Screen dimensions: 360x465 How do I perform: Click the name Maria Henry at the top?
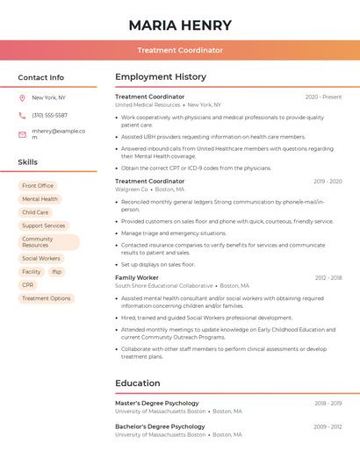(x=180, y=25)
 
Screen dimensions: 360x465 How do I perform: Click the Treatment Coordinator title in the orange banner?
(x=180, y=50)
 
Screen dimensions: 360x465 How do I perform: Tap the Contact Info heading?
(x=41, y=77)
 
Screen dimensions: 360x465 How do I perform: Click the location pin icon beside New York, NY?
(x=22, y=97)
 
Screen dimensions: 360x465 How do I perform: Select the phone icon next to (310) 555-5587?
(x=22, y=115)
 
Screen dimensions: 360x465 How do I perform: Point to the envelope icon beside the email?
(x=22, y=134)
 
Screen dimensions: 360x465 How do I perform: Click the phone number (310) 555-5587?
(x=49, y=115)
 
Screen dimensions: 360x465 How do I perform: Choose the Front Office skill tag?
(x=38, y=186)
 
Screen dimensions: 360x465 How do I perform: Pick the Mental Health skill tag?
(x=40, y=199)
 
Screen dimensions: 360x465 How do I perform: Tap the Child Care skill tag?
(x=35, y=212)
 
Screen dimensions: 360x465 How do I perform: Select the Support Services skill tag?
(x=44, y=225)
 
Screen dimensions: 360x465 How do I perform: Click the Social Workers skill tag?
(x=41, y=259)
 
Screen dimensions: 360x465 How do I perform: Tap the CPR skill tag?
(x=28, y=285)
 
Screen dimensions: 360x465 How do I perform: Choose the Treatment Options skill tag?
(x=47, y=298)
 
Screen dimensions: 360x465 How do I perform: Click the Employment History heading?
(x=161, y=77)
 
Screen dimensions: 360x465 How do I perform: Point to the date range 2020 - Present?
(x=323, y=97)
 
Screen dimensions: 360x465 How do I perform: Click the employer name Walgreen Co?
(x=132, y=190)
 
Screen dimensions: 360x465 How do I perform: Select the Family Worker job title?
(x=137, y=277)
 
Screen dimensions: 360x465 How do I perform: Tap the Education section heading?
(x=138, y=383)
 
